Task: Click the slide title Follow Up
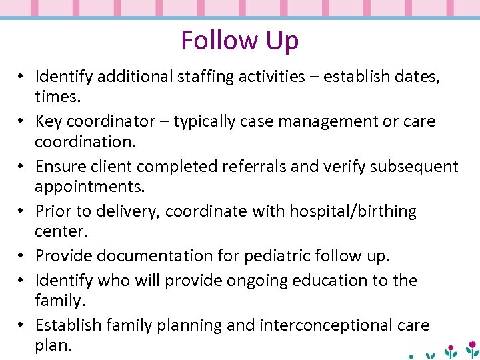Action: (239, 41)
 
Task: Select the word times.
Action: (58, 96)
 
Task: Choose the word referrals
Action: (247, 167)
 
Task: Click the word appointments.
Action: (89, 187)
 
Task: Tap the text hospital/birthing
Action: (353, 212)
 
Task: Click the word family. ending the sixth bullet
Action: (60, 301)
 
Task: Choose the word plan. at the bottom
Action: (53, 345)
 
